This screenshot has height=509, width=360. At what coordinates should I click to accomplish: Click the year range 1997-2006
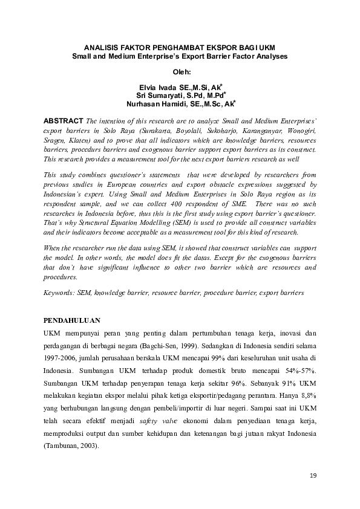click(61, 357)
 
